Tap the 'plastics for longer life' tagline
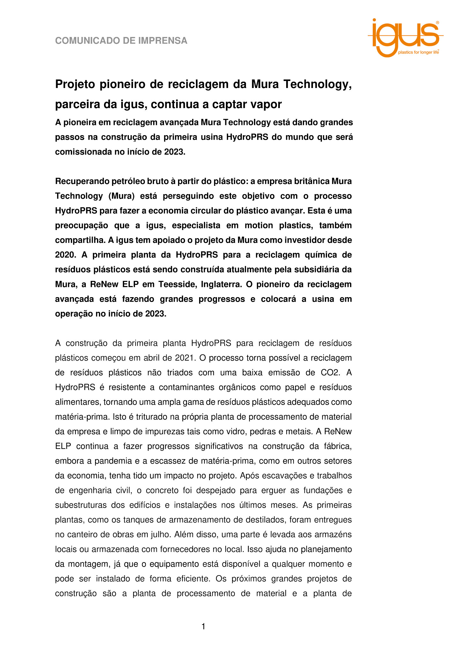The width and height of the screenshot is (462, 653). [x=418, y=52]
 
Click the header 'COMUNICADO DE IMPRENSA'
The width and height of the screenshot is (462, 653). [x=121, y=41]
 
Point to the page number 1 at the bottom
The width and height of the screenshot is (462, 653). [x=203, y=627]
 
